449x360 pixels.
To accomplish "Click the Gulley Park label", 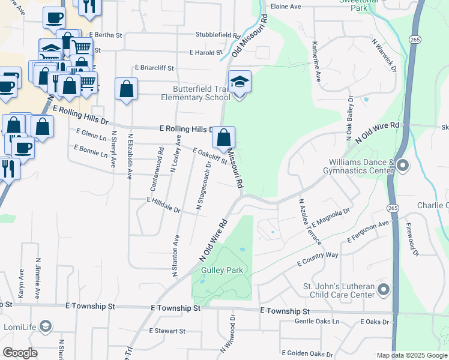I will (222, 270).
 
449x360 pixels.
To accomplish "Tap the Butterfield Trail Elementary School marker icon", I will (240, 83).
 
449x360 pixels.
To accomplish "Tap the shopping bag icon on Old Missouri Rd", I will (223, 138).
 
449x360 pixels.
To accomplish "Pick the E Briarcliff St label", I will (154, 68).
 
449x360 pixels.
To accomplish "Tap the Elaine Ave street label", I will (286, 6).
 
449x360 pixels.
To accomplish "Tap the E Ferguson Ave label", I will (368, 232).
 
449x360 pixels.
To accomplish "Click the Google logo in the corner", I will (20, 353).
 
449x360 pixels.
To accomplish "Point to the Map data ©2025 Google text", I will (412, 355).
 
